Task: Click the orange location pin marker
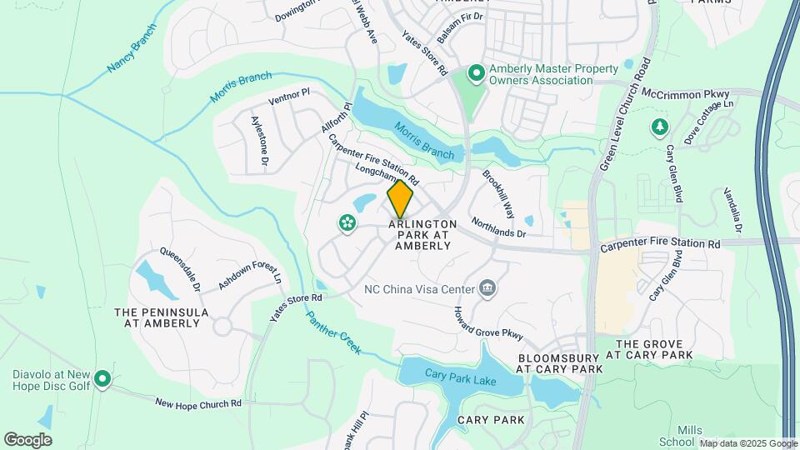(x=400, y=198)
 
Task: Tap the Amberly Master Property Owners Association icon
(x=476, y=74)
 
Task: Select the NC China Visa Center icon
(x=488, y=290)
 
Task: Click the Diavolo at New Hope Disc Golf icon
(x=102, y=379)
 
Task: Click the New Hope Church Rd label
(x=198, y=403)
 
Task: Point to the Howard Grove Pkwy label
(x=487, y=323)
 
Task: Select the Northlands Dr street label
(x=498, y=227)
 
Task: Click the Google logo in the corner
(x=27, y=440)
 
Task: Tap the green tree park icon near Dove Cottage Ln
(x=659, y=126)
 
